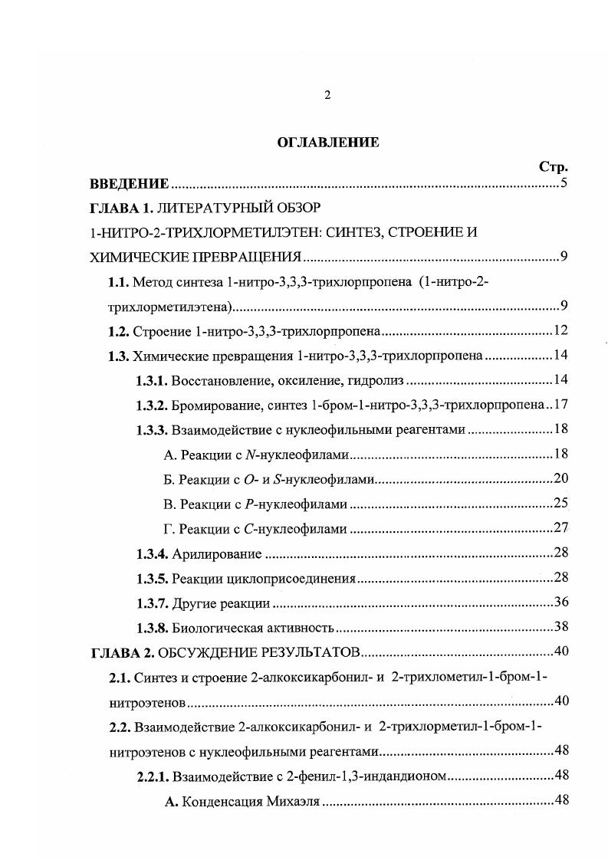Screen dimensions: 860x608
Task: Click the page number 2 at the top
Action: coord(327,96)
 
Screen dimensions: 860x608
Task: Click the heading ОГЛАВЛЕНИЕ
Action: coord(327,143)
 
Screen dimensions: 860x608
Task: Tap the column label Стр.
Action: coord(554,166)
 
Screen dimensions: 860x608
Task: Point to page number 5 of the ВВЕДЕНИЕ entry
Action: coord(564,184)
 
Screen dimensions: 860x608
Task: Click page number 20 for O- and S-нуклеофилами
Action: coord(560,479)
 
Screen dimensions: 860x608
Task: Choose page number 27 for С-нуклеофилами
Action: coord(560,529)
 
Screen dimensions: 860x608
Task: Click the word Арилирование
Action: coord(217,554)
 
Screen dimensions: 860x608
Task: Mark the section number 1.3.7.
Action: coord(152,604)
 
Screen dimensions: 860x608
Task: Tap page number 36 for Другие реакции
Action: coord(560,604)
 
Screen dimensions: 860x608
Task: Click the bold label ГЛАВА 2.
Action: coord(123,653)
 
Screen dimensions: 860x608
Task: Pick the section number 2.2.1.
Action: coord(152,776)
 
